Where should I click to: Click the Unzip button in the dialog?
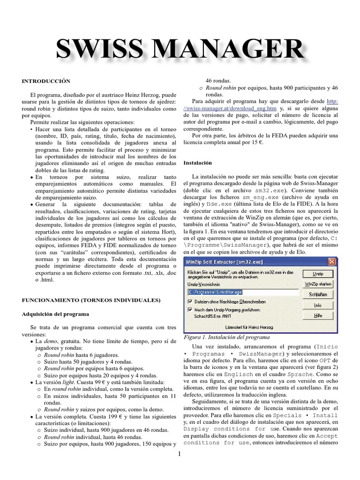pyautogui.click(x=318, y=273)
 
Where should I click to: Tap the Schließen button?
pyautogui.click(x=318, y=294)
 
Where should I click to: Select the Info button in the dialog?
pyautogui.click(x=318, y=305)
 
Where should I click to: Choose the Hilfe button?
pyautogui.click(x=318, y=316)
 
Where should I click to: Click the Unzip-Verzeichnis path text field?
pyautogui.click(x=240, y=292)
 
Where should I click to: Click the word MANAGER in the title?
pyautogui.click(x=232, y=50)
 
